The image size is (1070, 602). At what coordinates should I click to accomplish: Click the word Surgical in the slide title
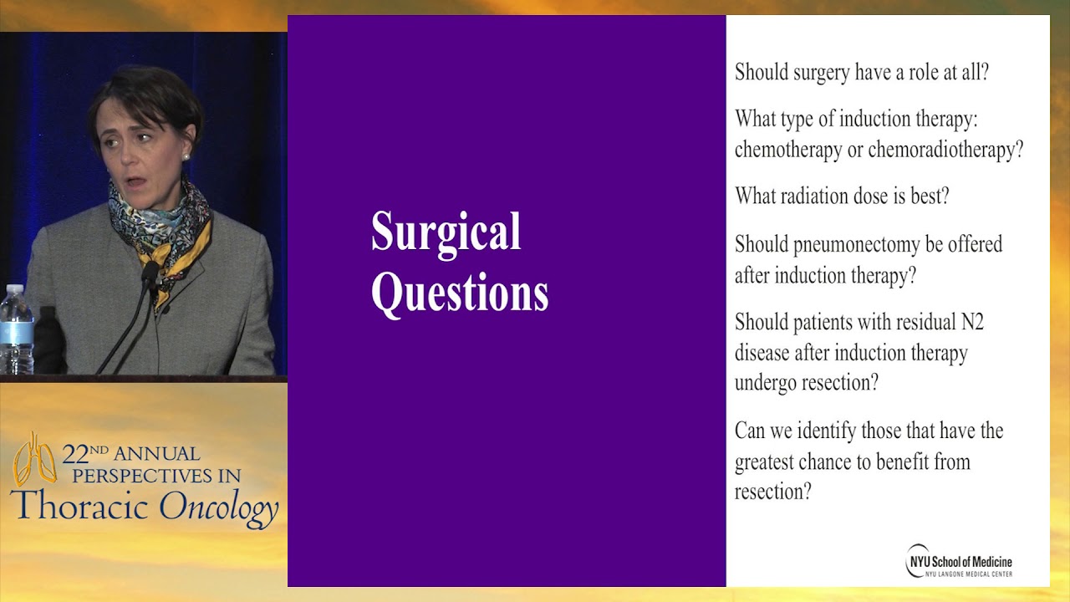446,232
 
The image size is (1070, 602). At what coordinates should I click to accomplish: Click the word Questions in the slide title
459,293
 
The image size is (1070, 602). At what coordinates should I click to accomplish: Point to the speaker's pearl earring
186,156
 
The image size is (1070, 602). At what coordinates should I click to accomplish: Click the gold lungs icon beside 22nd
34,459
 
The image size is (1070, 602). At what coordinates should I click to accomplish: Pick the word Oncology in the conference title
218,507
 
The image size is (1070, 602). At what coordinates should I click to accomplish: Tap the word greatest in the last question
768,462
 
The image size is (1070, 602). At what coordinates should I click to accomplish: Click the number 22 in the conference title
74,455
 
